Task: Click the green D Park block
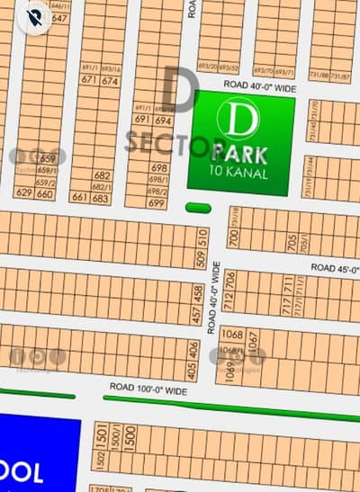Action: pos(240,141)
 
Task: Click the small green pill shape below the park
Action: pos(198,208)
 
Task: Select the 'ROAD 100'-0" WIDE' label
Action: pos(148,390)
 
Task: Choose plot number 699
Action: pos(157,203)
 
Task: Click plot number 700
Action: pos(233,238)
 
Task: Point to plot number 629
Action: pos(24,193)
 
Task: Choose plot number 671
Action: pos(88,80)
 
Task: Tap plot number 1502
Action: pos(98,460)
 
